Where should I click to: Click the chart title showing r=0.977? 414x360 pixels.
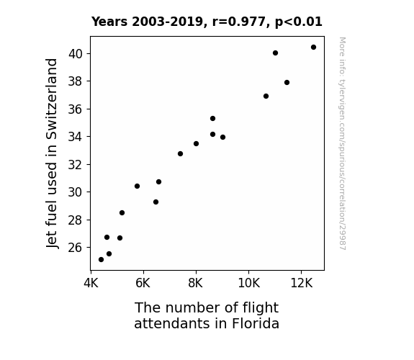(207, 22)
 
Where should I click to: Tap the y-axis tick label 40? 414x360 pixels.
(76, 54)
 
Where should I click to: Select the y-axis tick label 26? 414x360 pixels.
(76, 248)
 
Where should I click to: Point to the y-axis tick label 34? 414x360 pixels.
(76, 137)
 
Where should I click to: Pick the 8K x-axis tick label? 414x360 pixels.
(196, 283)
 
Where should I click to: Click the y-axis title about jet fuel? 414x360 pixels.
(52, 153)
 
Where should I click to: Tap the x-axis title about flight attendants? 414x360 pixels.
(207, 315)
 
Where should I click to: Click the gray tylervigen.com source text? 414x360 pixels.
(343, 143)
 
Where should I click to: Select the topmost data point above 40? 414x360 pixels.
(313, 48)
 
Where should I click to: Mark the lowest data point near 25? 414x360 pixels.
(101, 260)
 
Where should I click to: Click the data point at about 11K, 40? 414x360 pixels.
(275, 53)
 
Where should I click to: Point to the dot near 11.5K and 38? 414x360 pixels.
(287, 83)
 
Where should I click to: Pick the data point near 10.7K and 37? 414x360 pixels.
(266, 96)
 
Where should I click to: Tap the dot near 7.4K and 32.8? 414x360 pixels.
(180, 153)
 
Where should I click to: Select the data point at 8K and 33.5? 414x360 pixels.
(196, 144)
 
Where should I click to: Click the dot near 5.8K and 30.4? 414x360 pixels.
(137, 186)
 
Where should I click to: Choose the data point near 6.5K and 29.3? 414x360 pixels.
(156, 202)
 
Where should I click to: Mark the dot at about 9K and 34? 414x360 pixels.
(223, 137)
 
